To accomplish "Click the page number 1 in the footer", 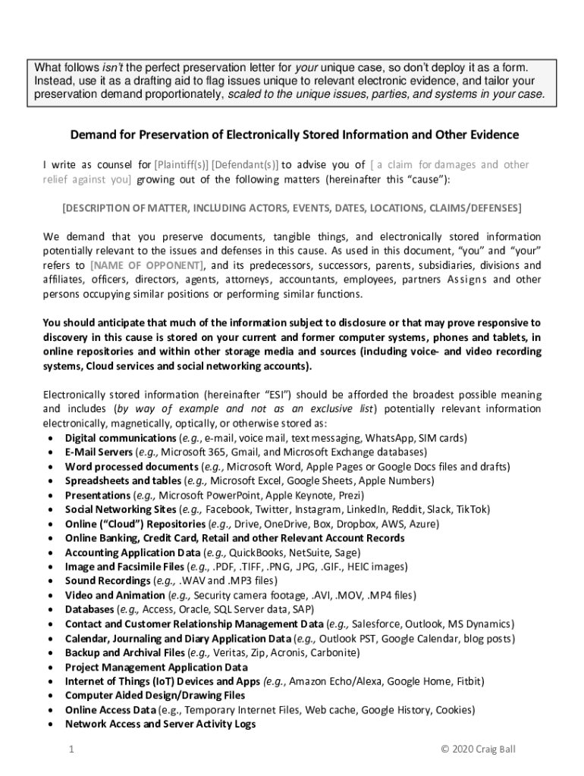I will pos(70,749).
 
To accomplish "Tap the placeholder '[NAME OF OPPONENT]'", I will pos(147,265).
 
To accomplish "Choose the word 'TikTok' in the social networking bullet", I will pos(473,509).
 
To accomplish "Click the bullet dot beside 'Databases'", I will pos(50,610).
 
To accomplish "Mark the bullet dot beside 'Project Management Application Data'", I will pos(50,668).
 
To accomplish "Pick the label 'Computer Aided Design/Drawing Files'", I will pos(155,696).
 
